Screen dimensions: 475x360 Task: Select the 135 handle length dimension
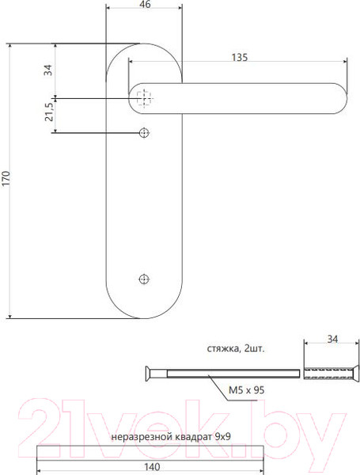pyautogui.click(x=241, y=57)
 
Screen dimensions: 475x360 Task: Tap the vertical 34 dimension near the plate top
pyautogui.click(x=49, y=70)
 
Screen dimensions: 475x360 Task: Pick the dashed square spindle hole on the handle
pyautogui.click(x=143, y=98)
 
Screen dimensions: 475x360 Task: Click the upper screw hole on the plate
pyautogui.click(x=143, y=132)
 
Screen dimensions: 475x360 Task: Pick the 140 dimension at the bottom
pyautogui.click(x=150, y=466)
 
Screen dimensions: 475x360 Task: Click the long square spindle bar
pyautogui.click(x=150, y=452)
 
